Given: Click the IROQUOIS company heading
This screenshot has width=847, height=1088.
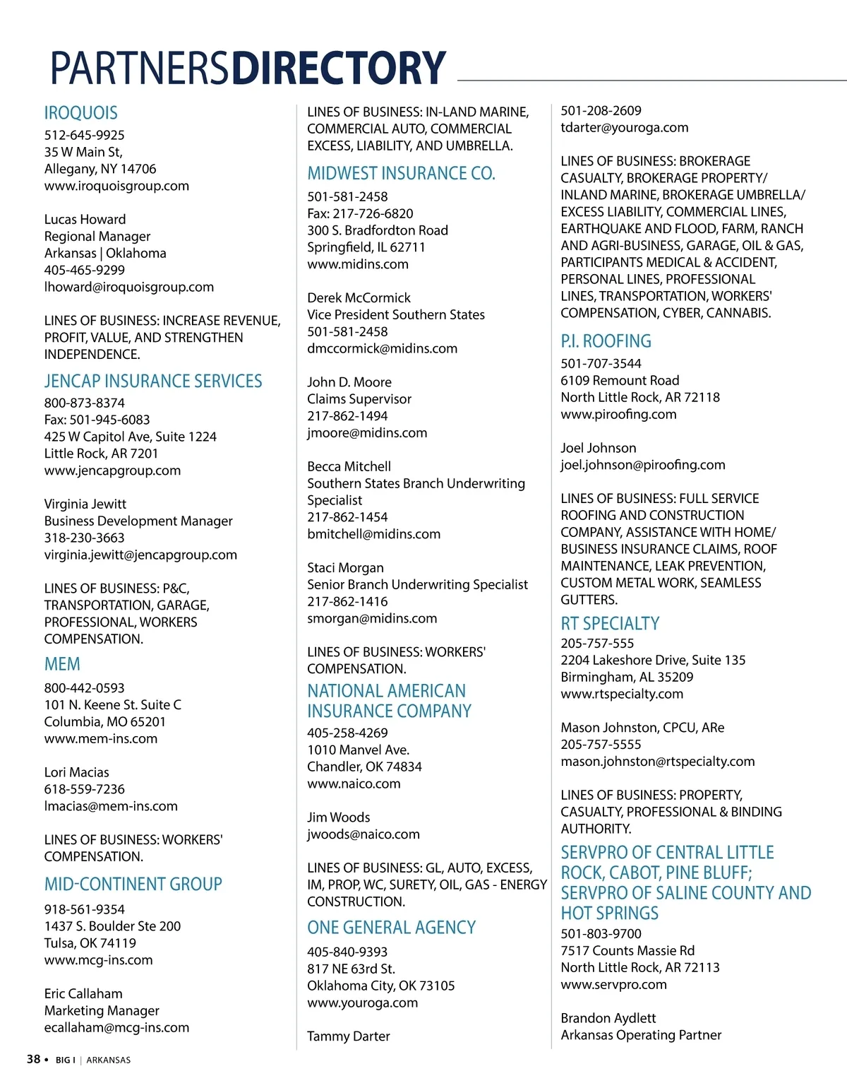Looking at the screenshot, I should point(80,113).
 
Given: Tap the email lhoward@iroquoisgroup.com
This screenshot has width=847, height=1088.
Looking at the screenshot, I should point(128,287).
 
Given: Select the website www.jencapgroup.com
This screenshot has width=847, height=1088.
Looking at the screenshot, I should point(112,471).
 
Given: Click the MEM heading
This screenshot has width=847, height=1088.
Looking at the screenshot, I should point(62,665).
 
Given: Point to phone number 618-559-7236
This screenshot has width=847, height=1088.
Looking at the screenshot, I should point(84,789).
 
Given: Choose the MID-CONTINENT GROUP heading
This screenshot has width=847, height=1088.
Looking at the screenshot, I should point(133,885).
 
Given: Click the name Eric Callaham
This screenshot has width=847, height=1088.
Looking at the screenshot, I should point(83,993).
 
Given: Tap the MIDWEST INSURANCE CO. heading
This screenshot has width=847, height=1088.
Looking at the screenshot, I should point(401,174).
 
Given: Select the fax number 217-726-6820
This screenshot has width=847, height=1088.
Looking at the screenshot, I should point(373,213).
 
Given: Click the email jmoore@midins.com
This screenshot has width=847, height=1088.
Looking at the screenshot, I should point(367,432).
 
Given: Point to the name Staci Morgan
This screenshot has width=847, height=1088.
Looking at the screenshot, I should point(345,568).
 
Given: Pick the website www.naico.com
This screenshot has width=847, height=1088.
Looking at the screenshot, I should point(354,784).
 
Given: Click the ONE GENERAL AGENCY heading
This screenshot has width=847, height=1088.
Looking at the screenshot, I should point(391,928).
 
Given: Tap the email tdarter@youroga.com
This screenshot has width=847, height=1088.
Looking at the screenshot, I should point(624,128).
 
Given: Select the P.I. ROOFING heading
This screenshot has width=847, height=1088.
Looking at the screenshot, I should point(606,341).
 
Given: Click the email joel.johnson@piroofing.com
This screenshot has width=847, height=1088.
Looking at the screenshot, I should point(642,465).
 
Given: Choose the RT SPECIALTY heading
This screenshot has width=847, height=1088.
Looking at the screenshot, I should point(610,624).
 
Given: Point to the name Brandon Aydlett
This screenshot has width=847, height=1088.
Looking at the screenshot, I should point(608,1018).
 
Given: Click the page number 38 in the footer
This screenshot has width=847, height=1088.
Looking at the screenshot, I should point(33,1059).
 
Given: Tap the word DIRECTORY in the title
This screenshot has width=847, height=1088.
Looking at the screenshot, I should point(339,68).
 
